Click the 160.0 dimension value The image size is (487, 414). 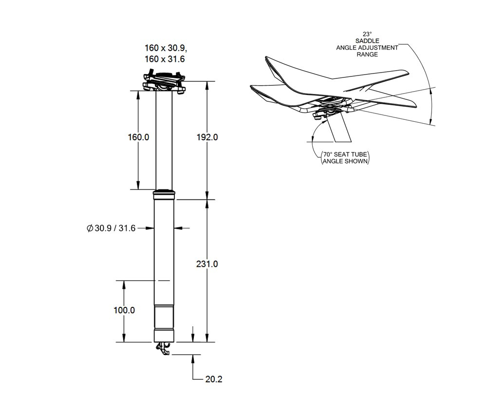(x=138, y=137)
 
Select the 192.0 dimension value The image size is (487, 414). (x=207, y=137)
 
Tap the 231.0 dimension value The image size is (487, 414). (x=207, y=264)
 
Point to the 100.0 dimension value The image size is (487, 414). (x=124, y=310)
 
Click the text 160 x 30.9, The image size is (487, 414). (x=166, y=48)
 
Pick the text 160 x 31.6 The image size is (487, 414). (x=165, y=58)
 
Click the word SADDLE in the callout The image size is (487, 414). (x=367, y=41)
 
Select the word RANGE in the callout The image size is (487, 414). (x=367, y=54)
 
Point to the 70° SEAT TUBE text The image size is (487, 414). (x=345, y=155)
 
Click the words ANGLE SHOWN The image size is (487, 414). (x=345, y=162)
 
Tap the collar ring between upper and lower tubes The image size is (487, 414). (x=164, y=195)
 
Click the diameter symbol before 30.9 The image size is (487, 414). (x=89, y=227)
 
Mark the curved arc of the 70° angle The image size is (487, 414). (x=315, y=129)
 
